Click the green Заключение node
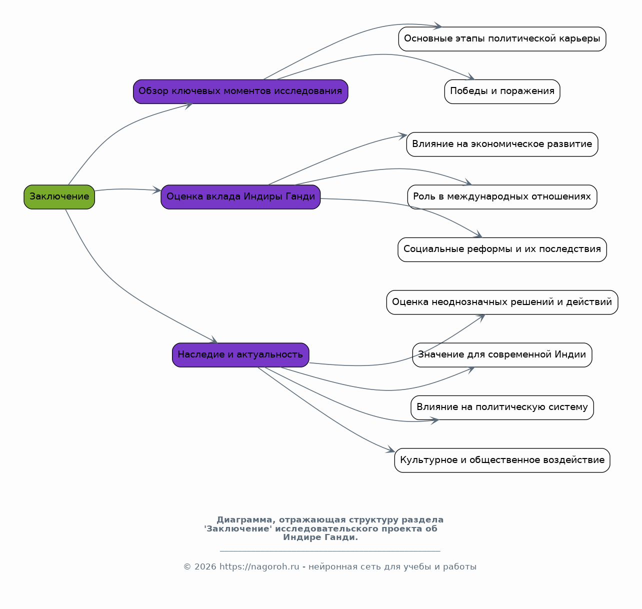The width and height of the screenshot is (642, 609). (59, 197)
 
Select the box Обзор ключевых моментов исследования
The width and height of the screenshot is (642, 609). (240, 91)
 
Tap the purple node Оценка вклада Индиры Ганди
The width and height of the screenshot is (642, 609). (240, 197)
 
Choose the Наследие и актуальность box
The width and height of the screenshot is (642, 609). (240, 354)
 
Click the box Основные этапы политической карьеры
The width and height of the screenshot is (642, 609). (502, 39)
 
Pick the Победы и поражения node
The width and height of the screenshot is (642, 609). (502, 91)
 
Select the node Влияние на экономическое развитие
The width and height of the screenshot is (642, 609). (502, 144)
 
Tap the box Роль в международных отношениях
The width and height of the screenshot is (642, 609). (502, 197)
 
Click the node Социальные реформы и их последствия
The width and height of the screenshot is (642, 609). (502, 249)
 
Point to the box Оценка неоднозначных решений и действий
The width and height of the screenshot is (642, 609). (502, 302)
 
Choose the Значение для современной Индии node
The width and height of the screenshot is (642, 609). (502, 354)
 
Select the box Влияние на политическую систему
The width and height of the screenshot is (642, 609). (502, 407)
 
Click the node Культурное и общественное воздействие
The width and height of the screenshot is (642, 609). (502, 460)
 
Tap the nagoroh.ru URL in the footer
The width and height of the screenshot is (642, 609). (259, 566)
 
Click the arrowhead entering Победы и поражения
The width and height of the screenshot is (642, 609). (470, 77)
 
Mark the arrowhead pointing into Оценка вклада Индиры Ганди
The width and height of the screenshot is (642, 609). (156, 190)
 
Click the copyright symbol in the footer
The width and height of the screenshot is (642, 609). (187, 566)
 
